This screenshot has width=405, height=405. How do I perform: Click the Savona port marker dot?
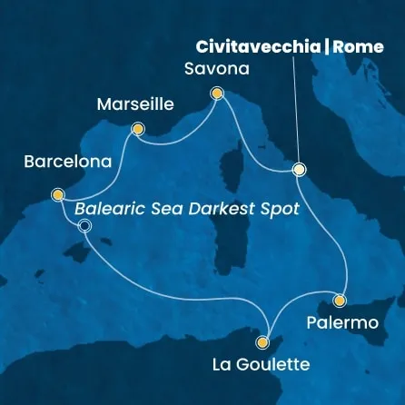tap(216, 93)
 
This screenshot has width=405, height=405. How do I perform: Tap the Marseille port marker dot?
tap(137, 129)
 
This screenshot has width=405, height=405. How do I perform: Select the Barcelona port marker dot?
tap(58, 194)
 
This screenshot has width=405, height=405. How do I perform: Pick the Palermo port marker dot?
tap(340, 300)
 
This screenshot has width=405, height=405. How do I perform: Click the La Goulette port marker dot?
tap(263, 342)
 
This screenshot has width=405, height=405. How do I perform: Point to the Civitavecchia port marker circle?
tap(299, 169)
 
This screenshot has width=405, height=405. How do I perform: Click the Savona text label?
tap(215, 69)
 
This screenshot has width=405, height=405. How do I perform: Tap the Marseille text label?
tap(134, 104)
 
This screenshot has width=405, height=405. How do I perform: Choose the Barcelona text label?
tap(68, 163)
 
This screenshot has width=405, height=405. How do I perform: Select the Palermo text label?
tap(341, 323)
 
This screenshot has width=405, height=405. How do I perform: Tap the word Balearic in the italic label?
tap(107, 207)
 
